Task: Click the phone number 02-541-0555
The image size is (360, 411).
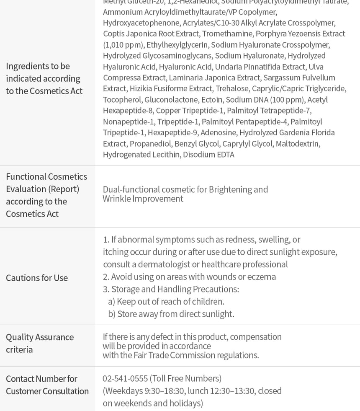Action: tap(125, 378)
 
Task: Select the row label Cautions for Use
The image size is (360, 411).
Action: tap(37, 278)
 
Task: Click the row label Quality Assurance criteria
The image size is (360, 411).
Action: tap(40, 343)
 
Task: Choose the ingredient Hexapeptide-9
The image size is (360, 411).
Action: tap(172, 132)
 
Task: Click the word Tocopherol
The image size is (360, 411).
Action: tap(122, 99)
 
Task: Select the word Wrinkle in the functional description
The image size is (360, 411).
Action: tap(116, 199)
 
